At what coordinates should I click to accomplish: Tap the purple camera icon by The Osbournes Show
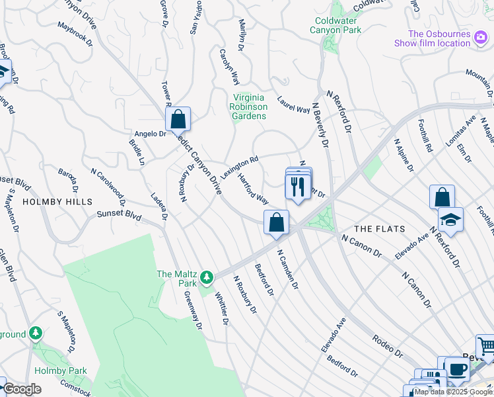(481, 43)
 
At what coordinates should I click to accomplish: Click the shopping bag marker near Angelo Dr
(178, 120)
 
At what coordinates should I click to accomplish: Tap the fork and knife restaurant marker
(298, 187)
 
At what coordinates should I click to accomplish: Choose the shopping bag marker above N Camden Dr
(276, 222)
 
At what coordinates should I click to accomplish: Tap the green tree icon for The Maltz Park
(207, 277)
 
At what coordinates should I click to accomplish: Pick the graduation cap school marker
(450, 220)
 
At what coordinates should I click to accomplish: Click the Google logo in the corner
(22, 390)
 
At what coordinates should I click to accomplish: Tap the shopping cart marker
(486, 347)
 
